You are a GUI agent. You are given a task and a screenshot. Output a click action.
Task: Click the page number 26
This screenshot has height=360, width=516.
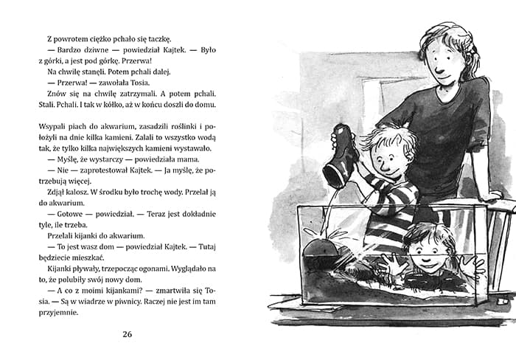[x=127, y=334]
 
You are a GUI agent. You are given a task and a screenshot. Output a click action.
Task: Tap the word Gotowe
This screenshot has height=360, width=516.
[x=64, y=219]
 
